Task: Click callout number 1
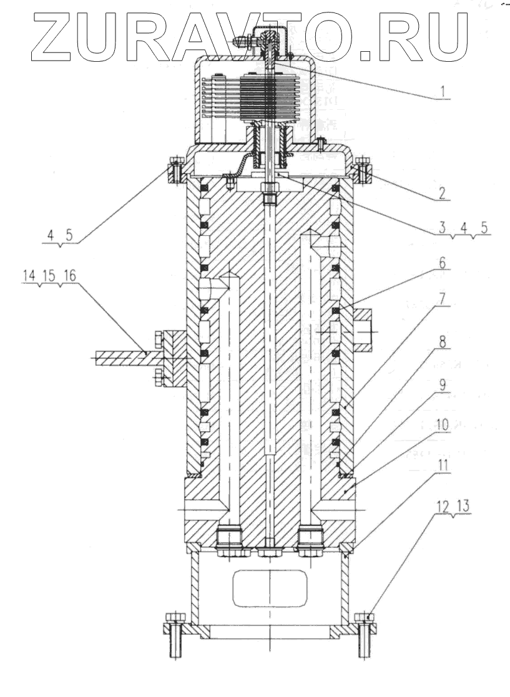(x=443, y=92)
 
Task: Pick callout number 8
(x=443, y=341)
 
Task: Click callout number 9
(x=443, y=385)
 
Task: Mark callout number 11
(x=443, y=465)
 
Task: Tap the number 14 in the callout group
(x=29, y=275)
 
